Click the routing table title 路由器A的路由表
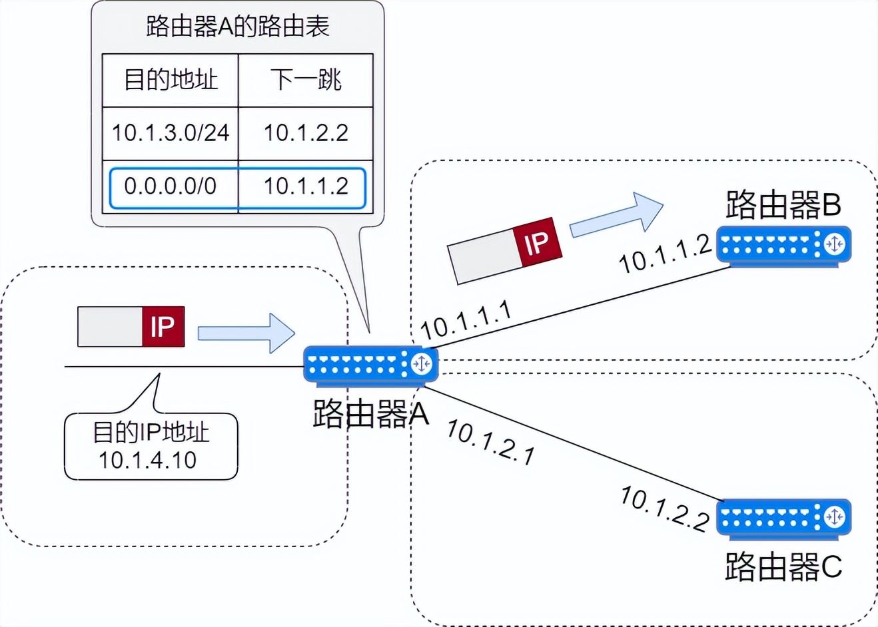pos(238,27)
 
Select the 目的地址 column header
pos(171,79)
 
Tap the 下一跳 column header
pos(306,79)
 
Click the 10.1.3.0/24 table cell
pos(171,132)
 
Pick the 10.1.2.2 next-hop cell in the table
pos(306,132)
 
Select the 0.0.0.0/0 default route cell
pos(171,186)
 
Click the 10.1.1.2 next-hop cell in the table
pos(306,186)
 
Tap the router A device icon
pos(371,366)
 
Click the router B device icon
pos(784,246)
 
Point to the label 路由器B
pos(783,204)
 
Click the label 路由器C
pos(783,566)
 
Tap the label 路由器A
pos(371,413)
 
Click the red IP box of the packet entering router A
pos(163,326)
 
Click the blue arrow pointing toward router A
pos(246,333)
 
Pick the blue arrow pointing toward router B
pos(616,216)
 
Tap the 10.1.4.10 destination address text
pos(148,460)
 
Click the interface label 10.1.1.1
pos(466,319)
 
